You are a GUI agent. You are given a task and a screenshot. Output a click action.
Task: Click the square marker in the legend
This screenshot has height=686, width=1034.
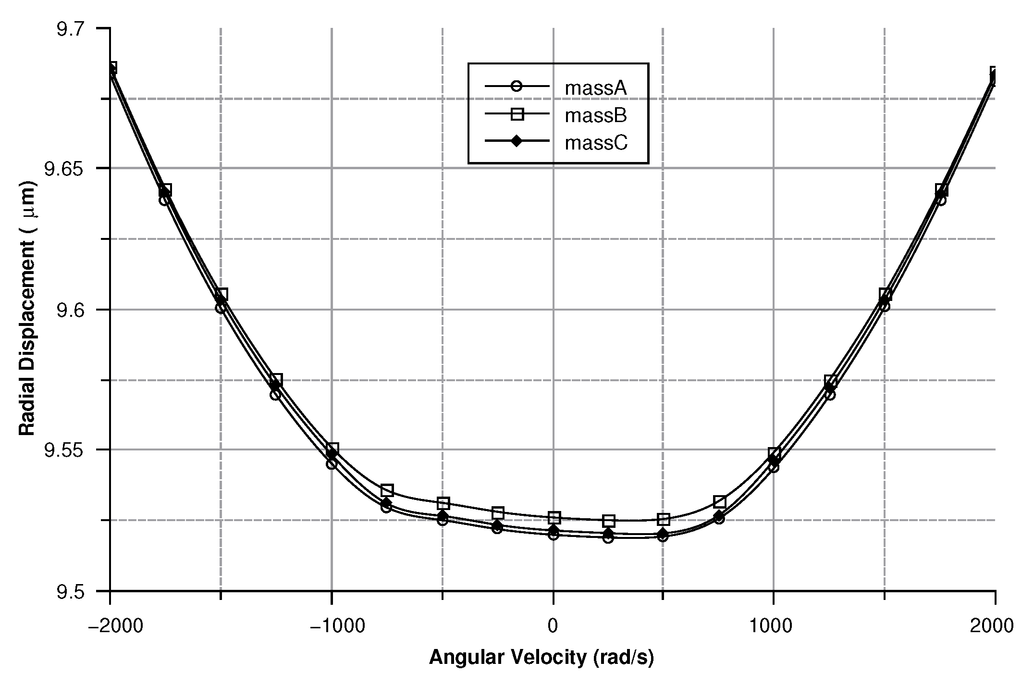tap(517, 114)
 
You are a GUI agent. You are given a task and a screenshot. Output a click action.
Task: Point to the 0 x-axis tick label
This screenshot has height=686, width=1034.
tap(553, 626)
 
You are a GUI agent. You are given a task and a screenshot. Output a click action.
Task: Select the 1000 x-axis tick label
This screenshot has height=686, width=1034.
tap(773, 626)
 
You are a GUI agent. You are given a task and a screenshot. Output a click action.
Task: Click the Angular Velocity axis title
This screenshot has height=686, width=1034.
tap(541, 658)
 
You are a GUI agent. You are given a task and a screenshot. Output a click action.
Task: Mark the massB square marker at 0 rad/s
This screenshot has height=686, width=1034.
tap(554, 518)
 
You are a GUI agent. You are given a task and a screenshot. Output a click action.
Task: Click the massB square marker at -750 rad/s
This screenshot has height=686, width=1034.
tap(387, 490)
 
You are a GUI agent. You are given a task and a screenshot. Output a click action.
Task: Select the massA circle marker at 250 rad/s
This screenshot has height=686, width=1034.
tap(608, 537)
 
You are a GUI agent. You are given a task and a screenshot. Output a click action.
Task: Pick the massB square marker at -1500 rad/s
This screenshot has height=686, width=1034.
tap(221, 294)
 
